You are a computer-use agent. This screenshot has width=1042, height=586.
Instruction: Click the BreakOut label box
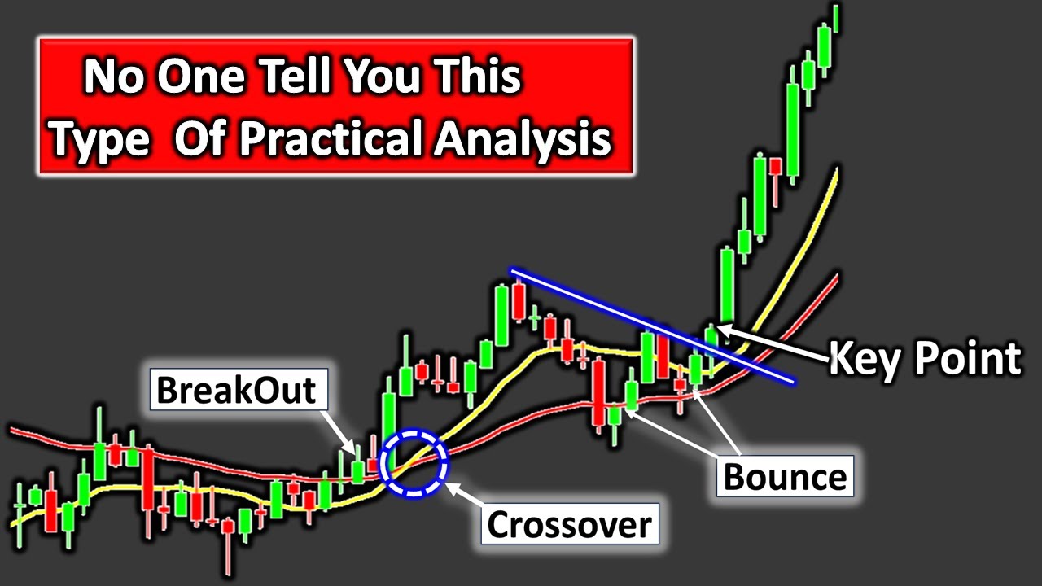[x=236, y=390]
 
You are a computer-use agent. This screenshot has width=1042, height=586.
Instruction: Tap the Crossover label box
[x=569, y=525]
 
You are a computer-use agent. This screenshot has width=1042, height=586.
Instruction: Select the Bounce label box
[x=785, y=475]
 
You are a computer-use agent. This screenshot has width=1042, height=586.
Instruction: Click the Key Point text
[x=925, y=358]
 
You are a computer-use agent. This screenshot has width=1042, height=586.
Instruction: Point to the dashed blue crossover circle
[x=416, y=463]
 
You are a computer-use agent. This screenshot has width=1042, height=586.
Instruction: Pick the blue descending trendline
[x=651, y=325]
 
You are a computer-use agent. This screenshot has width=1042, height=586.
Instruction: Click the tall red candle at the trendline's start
[x=519, y=303]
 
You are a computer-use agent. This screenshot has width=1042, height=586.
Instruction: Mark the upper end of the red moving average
[x=836, y=278]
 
